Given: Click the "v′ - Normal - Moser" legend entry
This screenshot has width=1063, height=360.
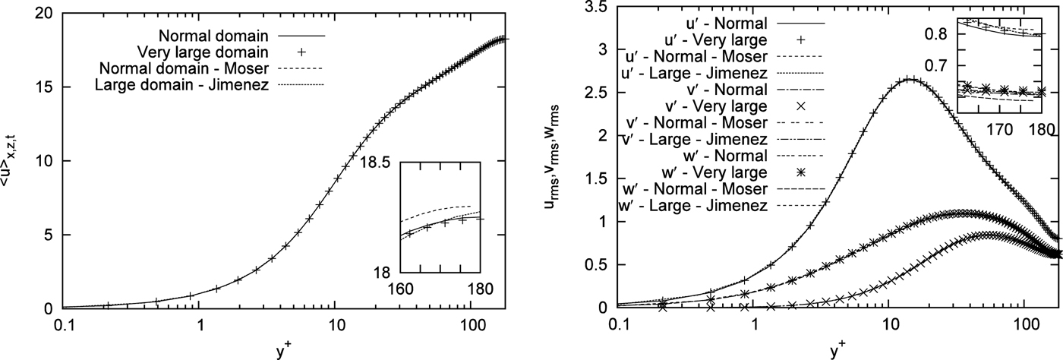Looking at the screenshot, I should [713, 122].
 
